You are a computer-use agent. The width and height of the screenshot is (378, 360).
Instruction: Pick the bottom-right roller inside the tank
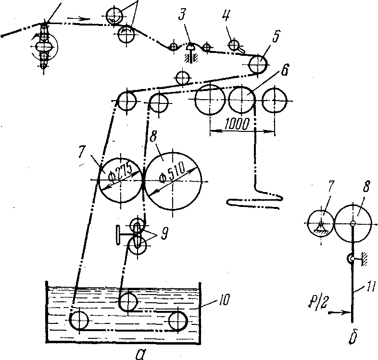pyautogui.click(x=179, y=320)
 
